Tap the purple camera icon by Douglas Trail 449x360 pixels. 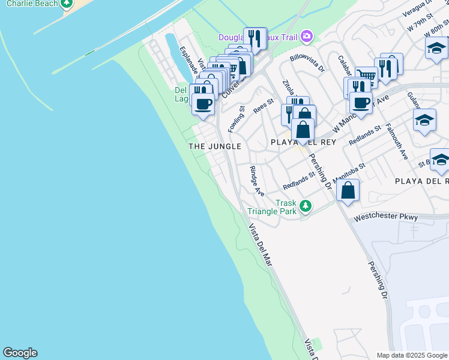coord(307,37)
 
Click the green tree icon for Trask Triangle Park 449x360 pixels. coord(306,206)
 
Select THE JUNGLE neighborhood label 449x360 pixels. coord(215,146)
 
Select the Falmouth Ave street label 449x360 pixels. coord(397,141)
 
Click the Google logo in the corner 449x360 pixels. coord(20,353)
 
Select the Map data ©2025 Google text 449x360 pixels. coord(412,355)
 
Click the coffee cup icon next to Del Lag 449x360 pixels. coord(203,103)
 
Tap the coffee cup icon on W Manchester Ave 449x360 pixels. coord(361,101)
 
